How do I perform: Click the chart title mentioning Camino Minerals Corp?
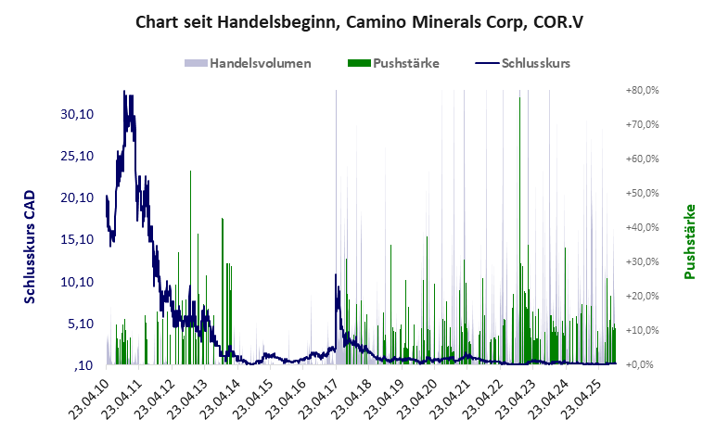point(357,21)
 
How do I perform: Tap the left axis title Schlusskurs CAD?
point(31,248)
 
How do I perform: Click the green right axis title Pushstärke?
point(689,242)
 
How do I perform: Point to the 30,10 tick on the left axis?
point(77,114)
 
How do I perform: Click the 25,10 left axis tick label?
point(77,156)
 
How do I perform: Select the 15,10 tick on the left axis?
point(77,239)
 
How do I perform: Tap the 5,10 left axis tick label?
point(80,324)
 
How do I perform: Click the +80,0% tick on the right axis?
point(642,91)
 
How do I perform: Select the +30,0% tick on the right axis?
point(642,261)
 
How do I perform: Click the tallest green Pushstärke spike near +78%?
point(519,99)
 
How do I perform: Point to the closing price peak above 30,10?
point(124,93)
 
